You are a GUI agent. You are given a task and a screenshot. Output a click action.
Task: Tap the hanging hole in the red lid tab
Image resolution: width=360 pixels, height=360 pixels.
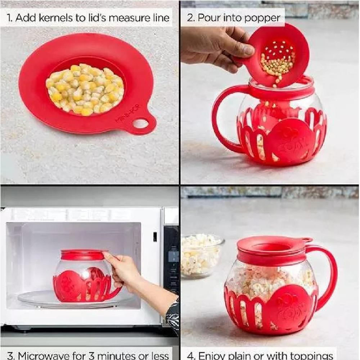pyautogui.click(x=141, y=124)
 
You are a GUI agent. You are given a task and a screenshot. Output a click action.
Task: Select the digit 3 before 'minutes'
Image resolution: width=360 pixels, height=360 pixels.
pyautogui.click(x=91, y=355)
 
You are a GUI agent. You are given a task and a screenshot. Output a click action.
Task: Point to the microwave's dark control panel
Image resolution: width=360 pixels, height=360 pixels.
pyautogui.click(x=171, y=260)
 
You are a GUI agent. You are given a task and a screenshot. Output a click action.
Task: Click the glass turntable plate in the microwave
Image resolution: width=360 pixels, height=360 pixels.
pyautogui.click(x=69, y=299)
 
